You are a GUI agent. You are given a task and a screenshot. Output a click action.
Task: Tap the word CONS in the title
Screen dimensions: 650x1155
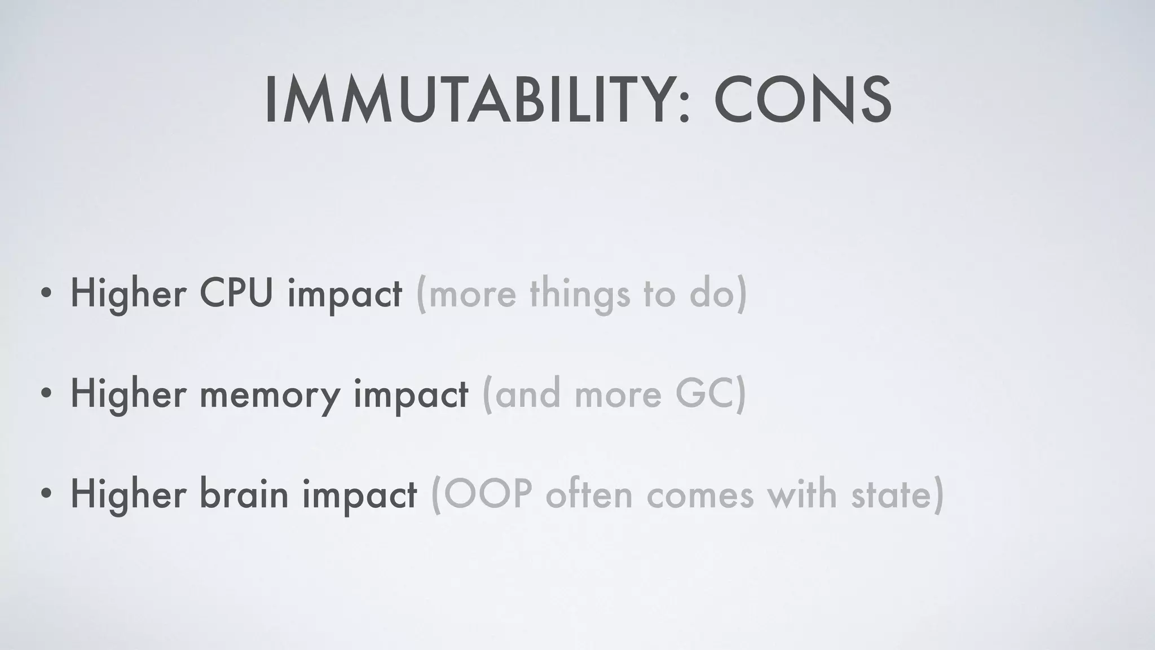coord(803,101)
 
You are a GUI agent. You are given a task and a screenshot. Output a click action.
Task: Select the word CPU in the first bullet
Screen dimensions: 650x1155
coord(236,293)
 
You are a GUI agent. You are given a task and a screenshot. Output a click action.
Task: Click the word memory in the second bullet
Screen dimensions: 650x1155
coord(270,394)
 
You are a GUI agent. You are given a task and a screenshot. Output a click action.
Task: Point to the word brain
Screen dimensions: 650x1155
coord(243,494)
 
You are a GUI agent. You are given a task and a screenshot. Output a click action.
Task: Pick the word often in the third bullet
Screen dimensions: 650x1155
coord(589,494)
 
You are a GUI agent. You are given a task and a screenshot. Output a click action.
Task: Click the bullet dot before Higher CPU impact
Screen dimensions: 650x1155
coord(46,294)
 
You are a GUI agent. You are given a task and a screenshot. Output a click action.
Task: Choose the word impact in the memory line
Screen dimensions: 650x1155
coord(411,394)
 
